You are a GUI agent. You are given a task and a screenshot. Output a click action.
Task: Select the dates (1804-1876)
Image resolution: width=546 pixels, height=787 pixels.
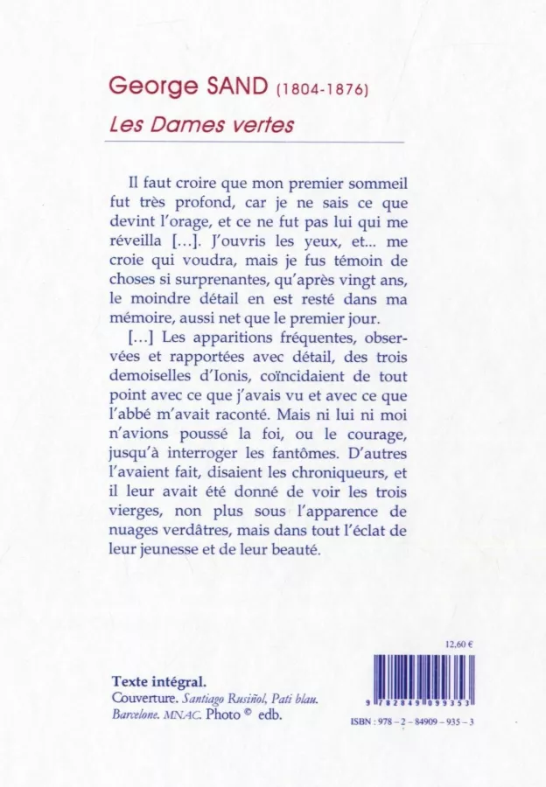point(321,89)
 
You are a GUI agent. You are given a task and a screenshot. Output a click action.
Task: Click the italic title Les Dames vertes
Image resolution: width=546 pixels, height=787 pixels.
point(201,125)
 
